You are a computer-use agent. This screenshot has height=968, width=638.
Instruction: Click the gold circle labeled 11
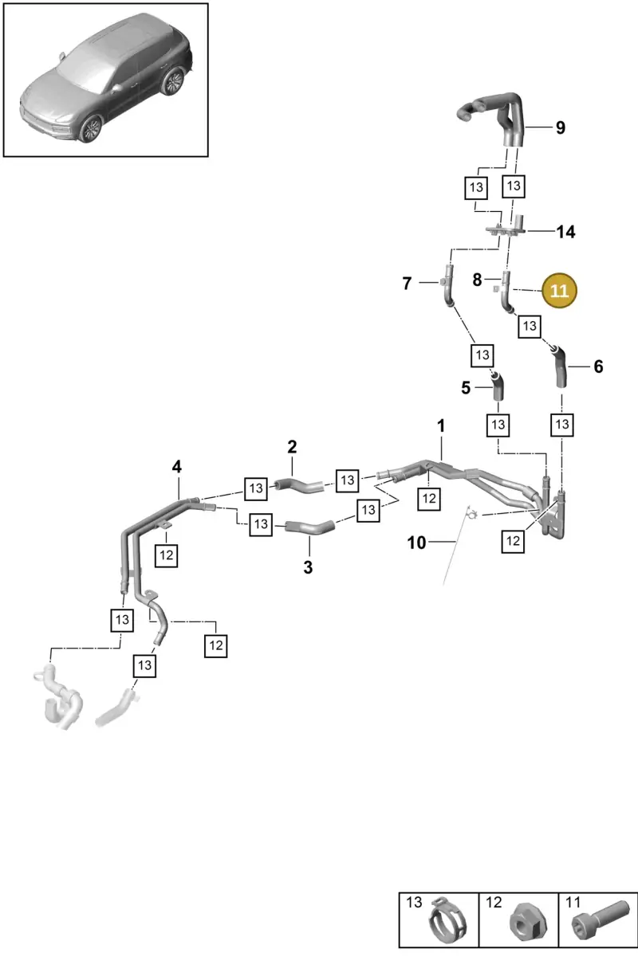coord(559,290)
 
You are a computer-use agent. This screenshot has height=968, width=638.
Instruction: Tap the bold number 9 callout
coord(560,127)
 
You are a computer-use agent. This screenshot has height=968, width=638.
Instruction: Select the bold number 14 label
coord(565,232)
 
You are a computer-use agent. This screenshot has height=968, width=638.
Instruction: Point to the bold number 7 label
coord(407,284)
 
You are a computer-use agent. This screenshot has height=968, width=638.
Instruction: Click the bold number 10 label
coord(416,543)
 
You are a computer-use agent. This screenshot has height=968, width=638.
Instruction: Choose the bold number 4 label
coord(177,467)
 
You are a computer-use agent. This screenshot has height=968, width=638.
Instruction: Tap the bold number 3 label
coord(308,567)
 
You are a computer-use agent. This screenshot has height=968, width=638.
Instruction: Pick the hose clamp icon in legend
coord(447,921)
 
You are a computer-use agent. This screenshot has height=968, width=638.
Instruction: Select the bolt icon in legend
coord(600,919)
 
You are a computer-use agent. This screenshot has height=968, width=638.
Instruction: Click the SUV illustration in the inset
coord(106,78)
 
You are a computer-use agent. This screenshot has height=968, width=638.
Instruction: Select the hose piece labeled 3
coord(309,527)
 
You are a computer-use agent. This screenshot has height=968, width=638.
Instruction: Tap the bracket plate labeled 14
coord(507,228)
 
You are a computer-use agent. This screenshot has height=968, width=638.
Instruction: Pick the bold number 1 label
coord(441,426)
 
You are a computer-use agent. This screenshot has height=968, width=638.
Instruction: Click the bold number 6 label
coord(598,367)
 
